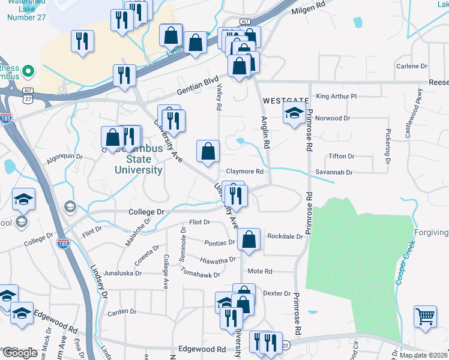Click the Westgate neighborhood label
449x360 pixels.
285,100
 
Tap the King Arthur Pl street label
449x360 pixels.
336,96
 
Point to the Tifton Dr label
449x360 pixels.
342,156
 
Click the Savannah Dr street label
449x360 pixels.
336,172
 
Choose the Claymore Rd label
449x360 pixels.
245,172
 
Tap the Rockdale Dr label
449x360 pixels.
285,236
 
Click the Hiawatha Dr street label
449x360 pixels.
218,260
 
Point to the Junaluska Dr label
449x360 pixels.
122,272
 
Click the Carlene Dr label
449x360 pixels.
411,66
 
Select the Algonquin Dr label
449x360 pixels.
64,159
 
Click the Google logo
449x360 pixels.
20,353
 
